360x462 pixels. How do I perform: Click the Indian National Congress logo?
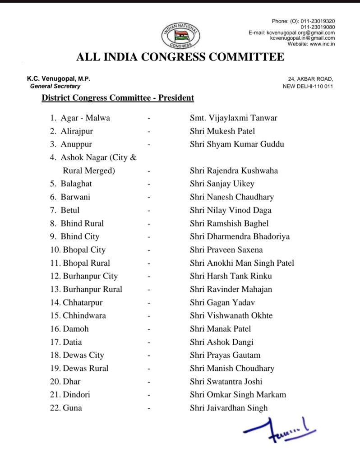pyautogui.click(x=181, y=36)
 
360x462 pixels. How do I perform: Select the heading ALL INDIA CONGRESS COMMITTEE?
pyautogui.click(x=180, y=57)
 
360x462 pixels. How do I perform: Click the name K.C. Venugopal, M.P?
pyautogui.click(x=59, y=79)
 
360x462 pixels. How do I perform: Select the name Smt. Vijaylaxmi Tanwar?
pyautogui.click(x=233, y=118)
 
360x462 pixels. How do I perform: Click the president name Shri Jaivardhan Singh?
pyautogui.click(x=229, y=408)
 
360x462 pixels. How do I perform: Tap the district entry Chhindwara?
pyautogui.click(x=84, y=315)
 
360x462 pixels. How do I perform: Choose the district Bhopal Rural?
pyautogui.click(x=86, y=263)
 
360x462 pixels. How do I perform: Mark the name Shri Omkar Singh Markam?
pyautogui.click(x=238, y=395)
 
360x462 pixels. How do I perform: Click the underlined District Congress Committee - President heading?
pyautogui.click(x=118, y=97)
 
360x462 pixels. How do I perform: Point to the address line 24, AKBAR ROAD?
pyautogui.click(x=307, y=79)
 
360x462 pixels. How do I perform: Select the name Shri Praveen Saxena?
pyautogui.click(x=226, y=249)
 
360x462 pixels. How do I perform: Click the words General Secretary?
pyautogui.click(x=55, y=86)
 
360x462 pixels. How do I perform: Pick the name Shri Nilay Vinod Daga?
pyautogui.click(x=231, y=210)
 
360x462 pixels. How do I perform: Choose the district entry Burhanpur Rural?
pyautogui.click(x=92, y=289)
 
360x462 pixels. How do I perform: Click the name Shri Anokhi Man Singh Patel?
pyautogui.click(x=242, y=263)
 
